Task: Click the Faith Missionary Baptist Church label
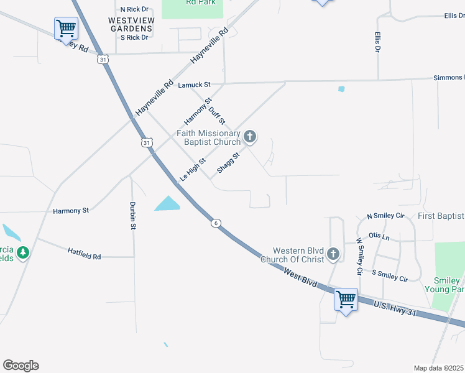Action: pyautogui.click(x=208, y=137)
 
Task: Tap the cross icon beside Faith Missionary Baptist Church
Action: pyautogui.click(x=249, y=136)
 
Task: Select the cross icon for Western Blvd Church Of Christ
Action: pyautogui.click(x=333, y=254)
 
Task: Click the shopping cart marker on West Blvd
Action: pyautogui.click(x=346, y=300)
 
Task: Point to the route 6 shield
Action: pyautogui.click(x=215, y=223)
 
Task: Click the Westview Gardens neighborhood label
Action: pyautogui.click(x=131, y=24)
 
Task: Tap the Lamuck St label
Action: pyautogui.click(x=195, y=85)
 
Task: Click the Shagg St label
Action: pyautogui.click(x=228, y=162)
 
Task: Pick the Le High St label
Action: pyautogui.click(x=192, y=169)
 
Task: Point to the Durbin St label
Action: pyautogui.click(x=132, y=216)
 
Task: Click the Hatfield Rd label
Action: pyautogui.click(x=84, y=252)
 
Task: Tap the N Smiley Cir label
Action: pyautogui.click(x=385, y=216)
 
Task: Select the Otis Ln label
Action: pyautogui.click(x=379, y=236)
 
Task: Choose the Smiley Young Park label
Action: pyautogui.click(x=444, y=285)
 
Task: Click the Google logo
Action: pyautogui.click(x=21, y=366)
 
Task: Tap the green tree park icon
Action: pyautogui.click(x=23, y=252)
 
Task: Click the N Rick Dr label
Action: pyautogui.click(x=134, y=9)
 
